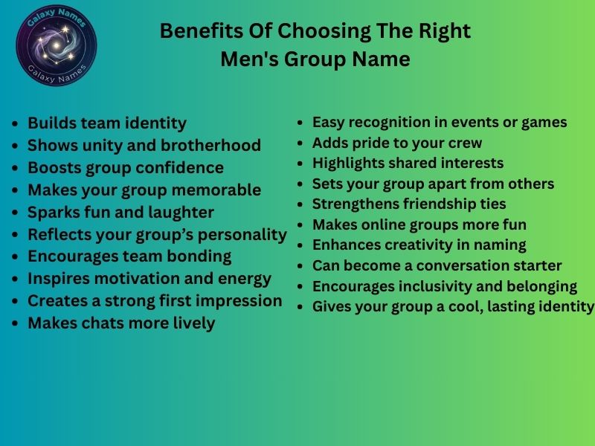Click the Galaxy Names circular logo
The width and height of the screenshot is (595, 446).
pos(57,43)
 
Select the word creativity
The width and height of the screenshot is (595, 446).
pos(416,245)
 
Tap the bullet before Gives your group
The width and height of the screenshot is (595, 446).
pos(300,306)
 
